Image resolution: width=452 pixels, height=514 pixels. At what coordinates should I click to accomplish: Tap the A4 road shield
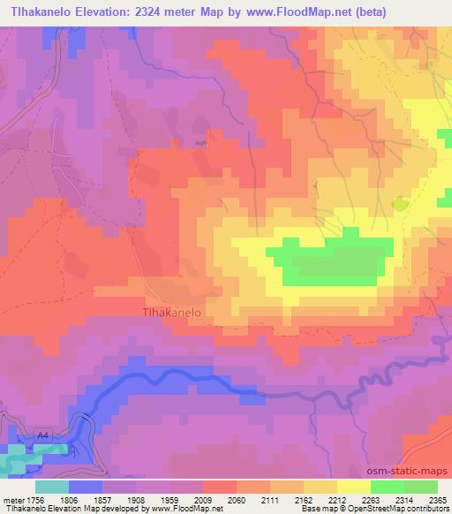click(x=42, y=435)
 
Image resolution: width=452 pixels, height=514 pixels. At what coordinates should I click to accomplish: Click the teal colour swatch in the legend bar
click(x=51, y=486)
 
